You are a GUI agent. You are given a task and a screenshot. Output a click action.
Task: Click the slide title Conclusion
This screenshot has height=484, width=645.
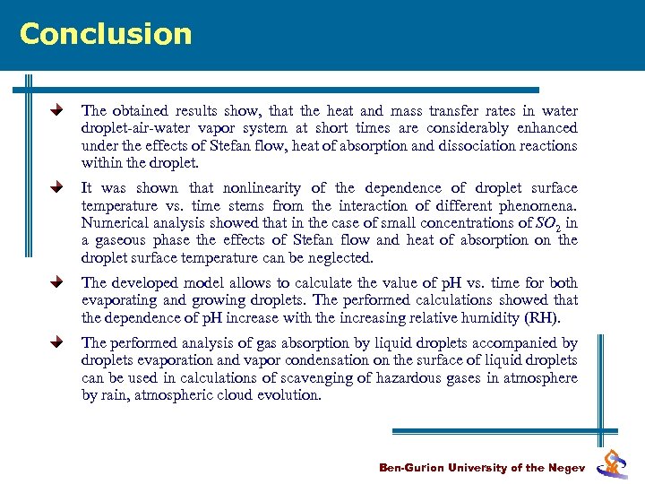tap(106, 34)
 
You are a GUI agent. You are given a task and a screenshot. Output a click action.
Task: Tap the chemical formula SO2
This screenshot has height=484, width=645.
tap(549, 224)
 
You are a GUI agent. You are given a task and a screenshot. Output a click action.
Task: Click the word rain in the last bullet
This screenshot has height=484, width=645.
tap(114, 395)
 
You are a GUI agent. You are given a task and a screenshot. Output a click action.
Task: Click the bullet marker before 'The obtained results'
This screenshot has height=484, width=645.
tap(56, 111)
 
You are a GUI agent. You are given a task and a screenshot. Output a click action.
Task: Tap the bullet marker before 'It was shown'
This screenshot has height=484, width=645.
tap(56, 188)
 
